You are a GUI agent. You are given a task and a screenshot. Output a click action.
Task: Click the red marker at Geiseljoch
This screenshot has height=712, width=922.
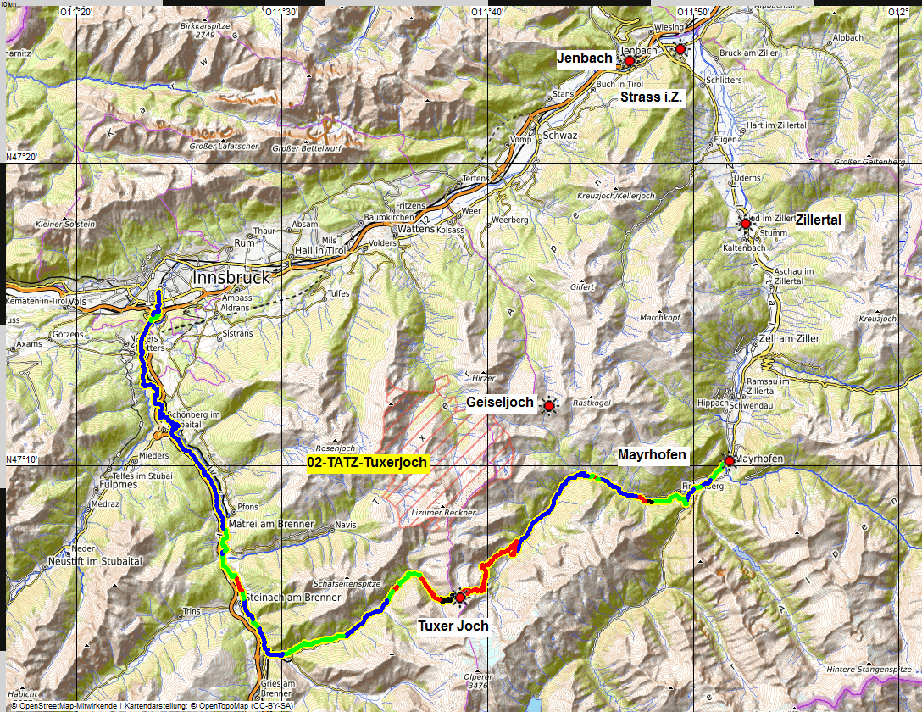click(x=549, y=407)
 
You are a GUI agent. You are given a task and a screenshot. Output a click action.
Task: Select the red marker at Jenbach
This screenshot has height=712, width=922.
click(x=629, y=61)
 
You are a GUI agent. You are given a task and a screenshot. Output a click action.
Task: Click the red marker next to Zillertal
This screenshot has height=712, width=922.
click(x=746, y=224)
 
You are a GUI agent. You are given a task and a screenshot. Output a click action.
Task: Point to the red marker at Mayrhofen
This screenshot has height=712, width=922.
click(x=730, y=461)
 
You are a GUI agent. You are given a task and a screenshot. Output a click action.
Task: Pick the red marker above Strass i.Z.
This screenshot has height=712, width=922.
click(x=680, y=49)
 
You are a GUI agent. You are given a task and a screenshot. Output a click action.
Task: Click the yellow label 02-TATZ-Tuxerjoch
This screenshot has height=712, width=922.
click(x=368, y=463)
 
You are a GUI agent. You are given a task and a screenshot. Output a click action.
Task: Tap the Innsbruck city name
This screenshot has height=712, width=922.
click(x=231, y=277)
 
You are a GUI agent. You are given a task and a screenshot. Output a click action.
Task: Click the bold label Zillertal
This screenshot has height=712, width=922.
click(x=818, y=220)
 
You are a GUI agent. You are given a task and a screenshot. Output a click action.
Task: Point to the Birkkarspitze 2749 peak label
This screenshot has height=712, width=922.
click(x=200, y=31)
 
